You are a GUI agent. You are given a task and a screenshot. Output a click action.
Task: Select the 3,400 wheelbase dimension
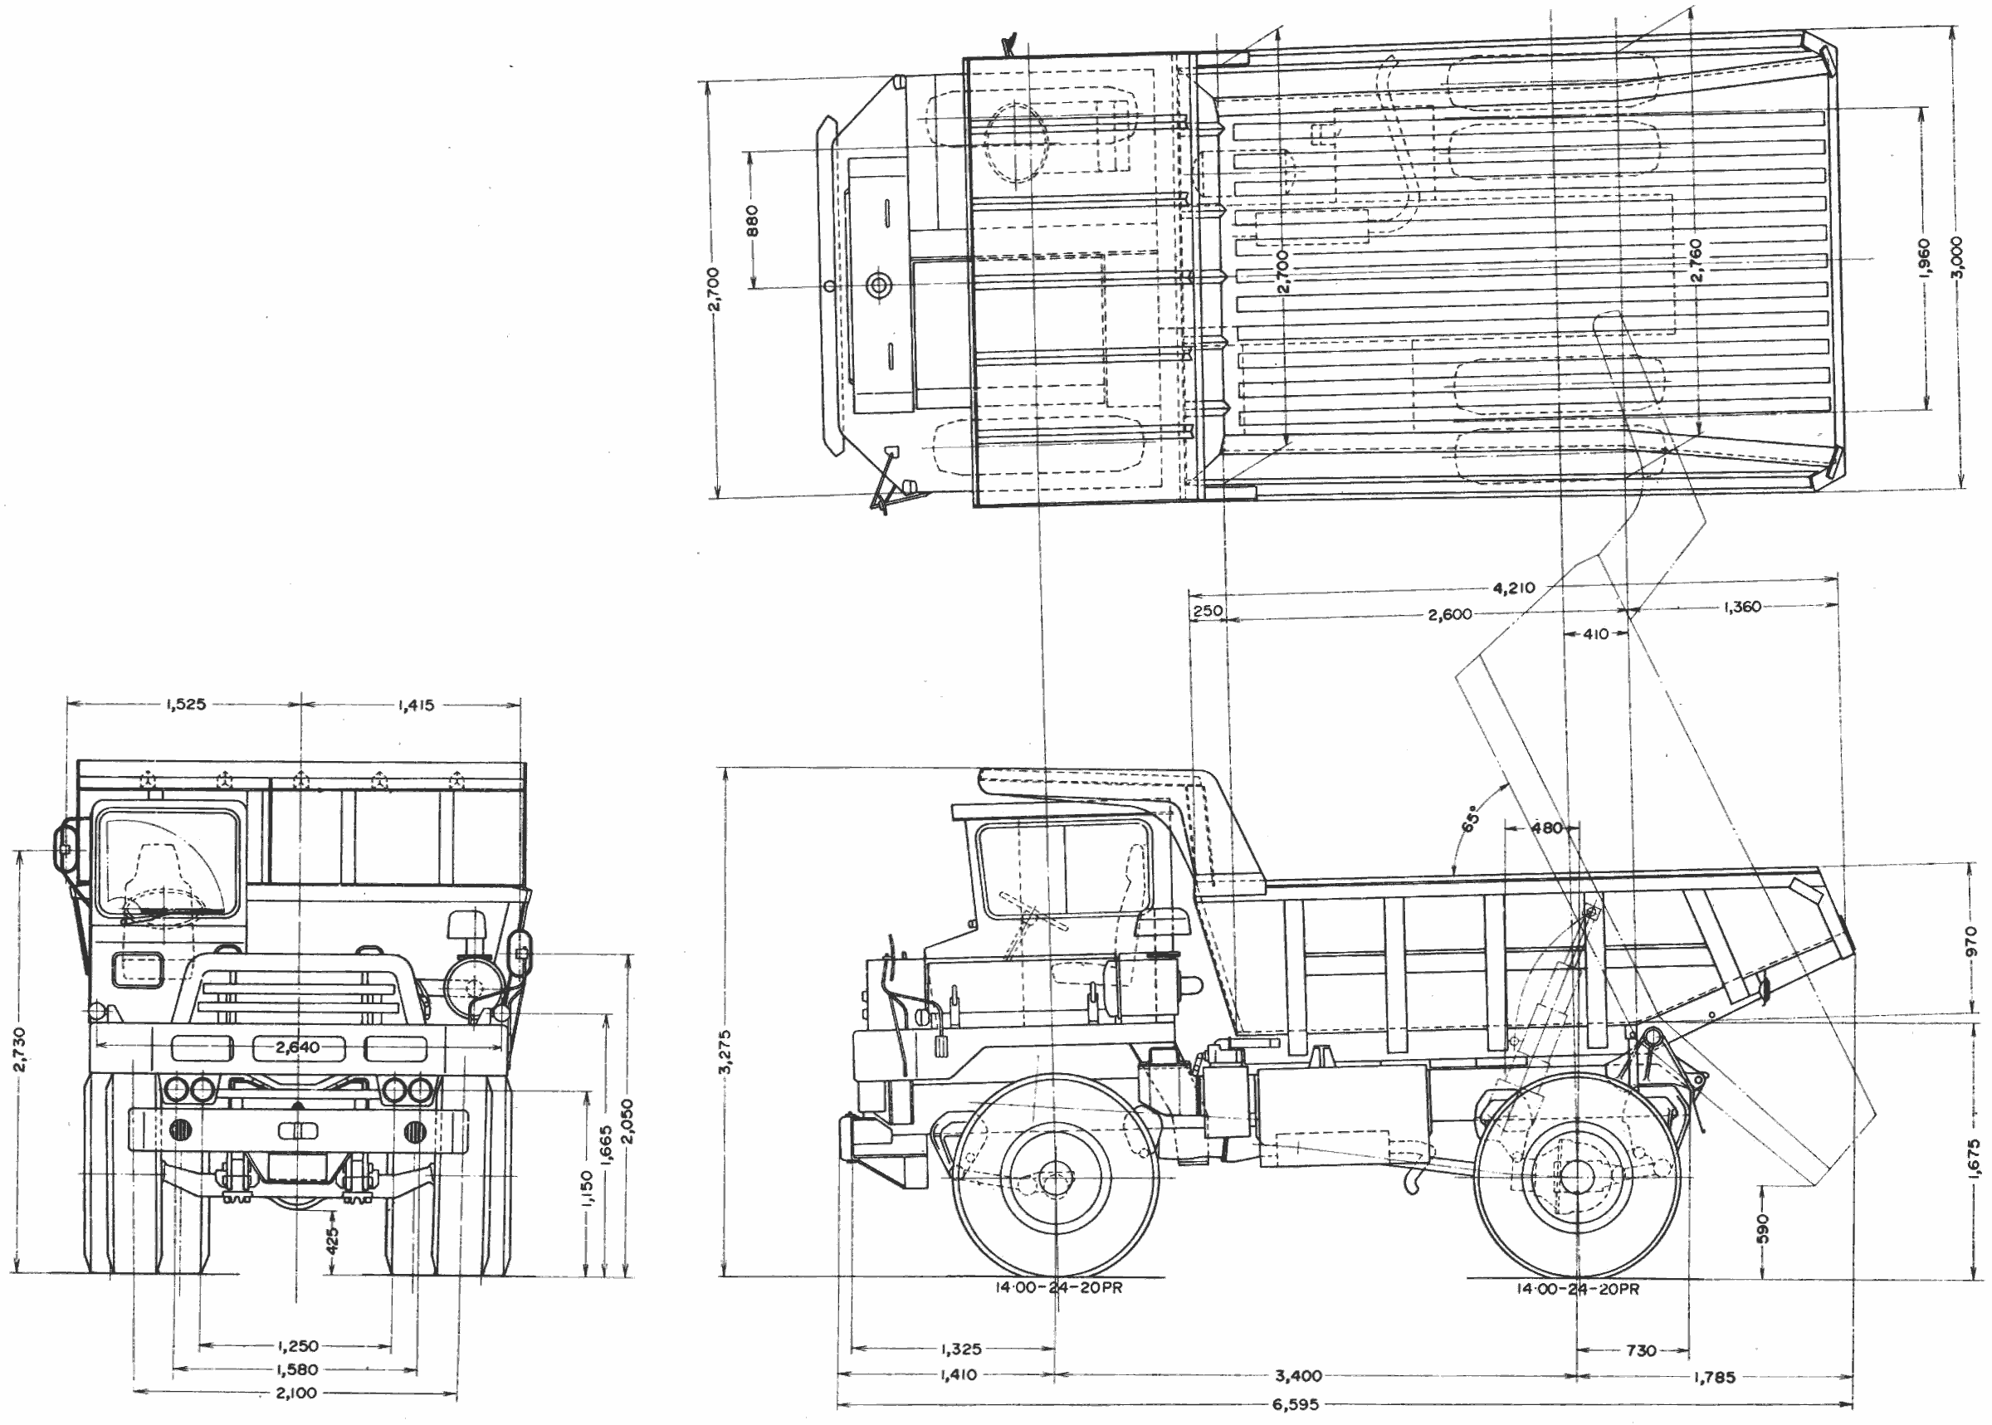(1299, 1376)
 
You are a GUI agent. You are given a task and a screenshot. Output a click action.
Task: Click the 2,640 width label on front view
(297, 1047)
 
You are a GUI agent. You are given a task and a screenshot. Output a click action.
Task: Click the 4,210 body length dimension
(1514, 588)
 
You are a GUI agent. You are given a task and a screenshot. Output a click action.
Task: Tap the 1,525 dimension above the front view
(185, 704)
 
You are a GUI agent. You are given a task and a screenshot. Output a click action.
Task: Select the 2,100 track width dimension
(295, 1393)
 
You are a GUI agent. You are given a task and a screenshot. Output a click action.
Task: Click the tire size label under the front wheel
(1058, 1288)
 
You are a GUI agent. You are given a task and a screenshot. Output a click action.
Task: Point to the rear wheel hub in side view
(1577, 1177)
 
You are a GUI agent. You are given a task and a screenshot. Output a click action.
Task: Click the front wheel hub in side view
(1055, 1178)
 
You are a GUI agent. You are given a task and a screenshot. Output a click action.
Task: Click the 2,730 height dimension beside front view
(20, 1048)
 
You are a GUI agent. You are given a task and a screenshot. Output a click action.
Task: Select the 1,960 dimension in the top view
(1924, 260)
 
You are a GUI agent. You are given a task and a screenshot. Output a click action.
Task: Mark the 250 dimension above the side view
(1208, 610)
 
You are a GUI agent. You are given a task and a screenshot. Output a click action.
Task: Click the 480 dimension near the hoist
(1547, 827)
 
